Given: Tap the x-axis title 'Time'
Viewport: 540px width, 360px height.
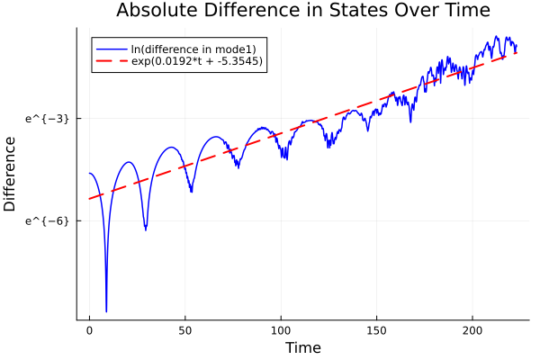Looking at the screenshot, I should click(x=302, y=347).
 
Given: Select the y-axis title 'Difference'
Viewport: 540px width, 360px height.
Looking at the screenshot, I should click(x=11, y=174).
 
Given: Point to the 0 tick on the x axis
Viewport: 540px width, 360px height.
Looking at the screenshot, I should click(x=89, y=331).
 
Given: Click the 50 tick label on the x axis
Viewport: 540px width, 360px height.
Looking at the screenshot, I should click(x=185, y=331).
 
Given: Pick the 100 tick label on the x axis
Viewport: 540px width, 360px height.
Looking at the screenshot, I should click(x=281, y=331).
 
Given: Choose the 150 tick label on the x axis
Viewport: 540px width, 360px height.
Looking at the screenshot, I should click(x=377, y=331).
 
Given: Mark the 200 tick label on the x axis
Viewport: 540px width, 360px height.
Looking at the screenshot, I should click(x=472, y=331).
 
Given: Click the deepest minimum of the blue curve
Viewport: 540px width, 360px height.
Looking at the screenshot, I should click(x=106, y=311).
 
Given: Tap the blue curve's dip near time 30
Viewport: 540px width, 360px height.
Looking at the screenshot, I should click(x=146, y=229).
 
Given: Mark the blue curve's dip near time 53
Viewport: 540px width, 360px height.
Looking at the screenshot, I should click(x=191, y=191).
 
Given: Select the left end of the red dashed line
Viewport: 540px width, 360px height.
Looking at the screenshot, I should click(x=89, y=199).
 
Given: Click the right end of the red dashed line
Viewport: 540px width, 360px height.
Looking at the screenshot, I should click(x=517, y=53).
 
